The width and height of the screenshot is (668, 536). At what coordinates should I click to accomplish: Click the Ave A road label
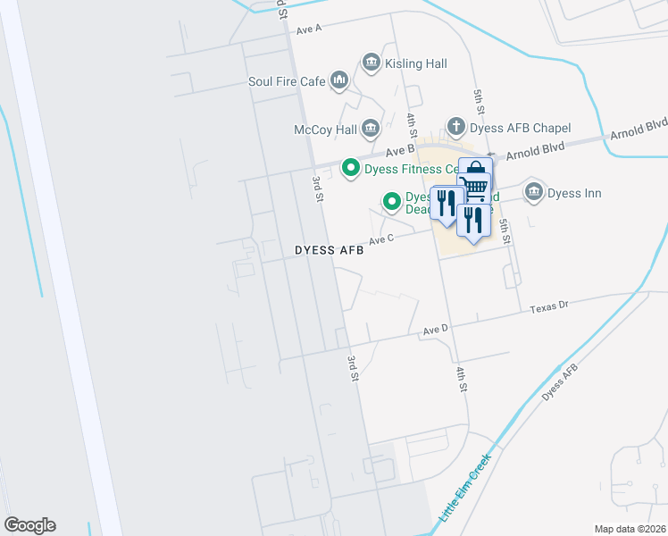pos(308,29)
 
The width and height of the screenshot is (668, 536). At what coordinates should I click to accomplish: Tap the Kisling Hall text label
pos(415,63)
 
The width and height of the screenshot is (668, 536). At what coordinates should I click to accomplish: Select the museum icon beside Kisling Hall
pos(371,63)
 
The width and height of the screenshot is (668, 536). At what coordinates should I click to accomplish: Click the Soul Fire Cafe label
pos(287,81)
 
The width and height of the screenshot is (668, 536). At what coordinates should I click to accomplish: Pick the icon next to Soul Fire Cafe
pos(338,82)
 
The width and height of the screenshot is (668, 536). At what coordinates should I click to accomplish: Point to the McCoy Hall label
pos(325,130)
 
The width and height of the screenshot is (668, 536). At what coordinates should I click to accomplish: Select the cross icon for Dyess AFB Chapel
pos(456,127)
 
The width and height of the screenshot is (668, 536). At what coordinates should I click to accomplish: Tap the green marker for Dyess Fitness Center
pos(352,168)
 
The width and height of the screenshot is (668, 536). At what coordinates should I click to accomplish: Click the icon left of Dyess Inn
pos(534,192)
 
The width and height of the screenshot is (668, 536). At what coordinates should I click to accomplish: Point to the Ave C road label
pos(381,239)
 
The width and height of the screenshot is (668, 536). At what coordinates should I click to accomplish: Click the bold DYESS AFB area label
pos(330,251)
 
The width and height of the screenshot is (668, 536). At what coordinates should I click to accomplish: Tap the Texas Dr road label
pos(549,307)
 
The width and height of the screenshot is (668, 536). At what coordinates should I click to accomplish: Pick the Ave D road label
pos(436,331)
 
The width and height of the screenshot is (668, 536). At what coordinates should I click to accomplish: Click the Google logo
pos(29,525)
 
